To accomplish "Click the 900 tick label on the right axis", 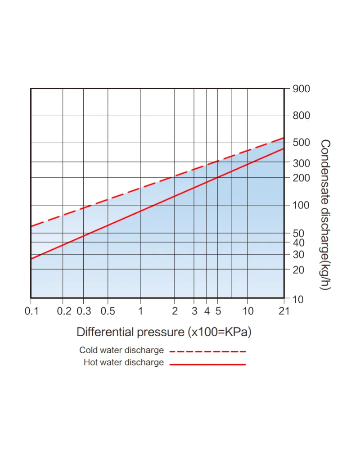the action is tap(301, 89).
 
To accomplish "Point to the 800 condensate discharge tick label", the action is tap(301, 115).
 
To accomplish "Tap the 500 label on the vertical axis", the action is tap(301, 142).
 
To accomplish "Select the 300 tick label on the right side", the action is tap(301, 163).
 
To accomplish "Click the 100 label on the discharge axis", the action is tap(301, 205).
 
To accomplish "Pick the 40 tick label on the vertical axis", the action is tap(298, 243).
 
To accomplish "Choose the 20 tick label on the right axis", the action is tap(298, 270).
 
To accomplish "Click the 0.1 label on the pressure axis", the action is tap(31, 311).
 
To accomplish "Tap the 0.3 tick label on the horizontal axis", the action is tap(84, 311).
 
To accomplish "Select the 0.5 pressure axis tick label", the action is tap(108, 311).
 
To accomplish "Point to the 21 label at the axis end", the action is tap(284, 311).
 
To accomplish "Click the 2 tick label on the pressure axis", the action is tap(175, 311).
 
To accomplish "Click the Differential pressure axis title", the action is tap(164, 332).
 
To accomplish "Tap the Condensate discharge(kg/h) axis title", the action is tap(325, 215).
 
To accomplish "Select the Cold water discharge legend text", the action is tap(121, 351).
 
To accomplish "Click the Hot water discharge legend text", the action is tap(124, 362).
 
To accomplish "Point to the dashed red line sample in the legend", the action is tap(208, 351).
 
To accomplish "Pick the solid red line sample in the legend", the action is tap(208, 364).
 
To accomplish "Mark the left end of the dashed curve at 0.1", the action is tap(31, 227).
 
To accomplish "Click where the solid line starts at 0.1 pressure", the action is tap(31, 259).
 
